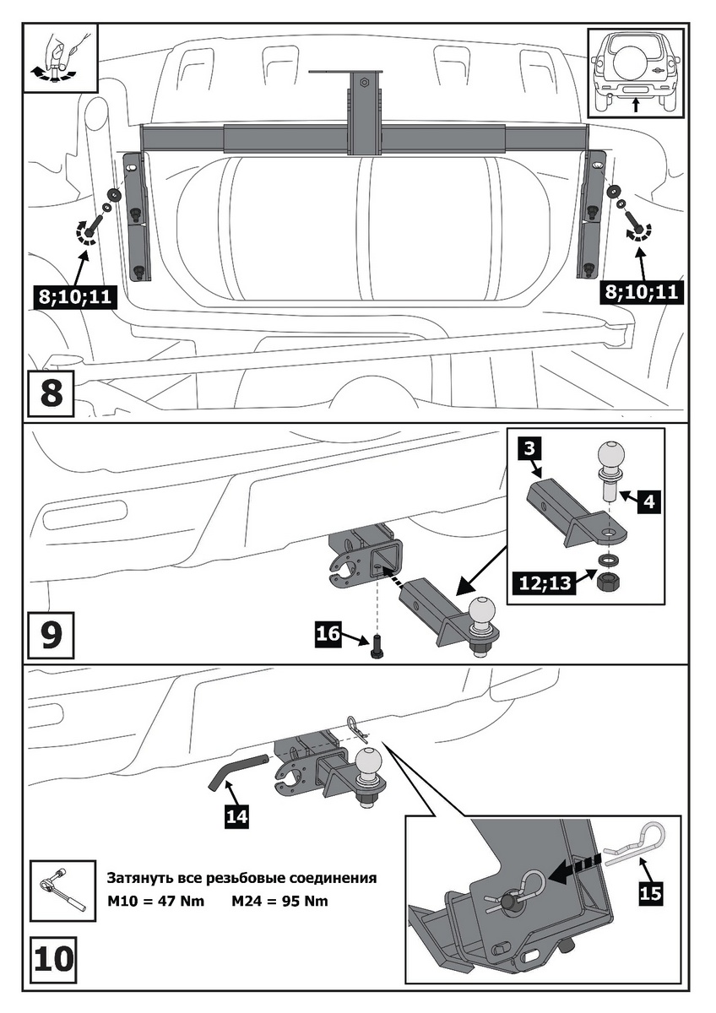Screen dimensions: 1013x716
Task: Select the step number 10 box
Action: (53, 959)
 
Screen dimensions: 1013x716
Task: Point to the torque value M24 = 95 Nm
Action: (279, 901)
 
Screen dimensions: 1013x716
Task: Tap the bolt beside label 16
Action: (375, 646)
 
